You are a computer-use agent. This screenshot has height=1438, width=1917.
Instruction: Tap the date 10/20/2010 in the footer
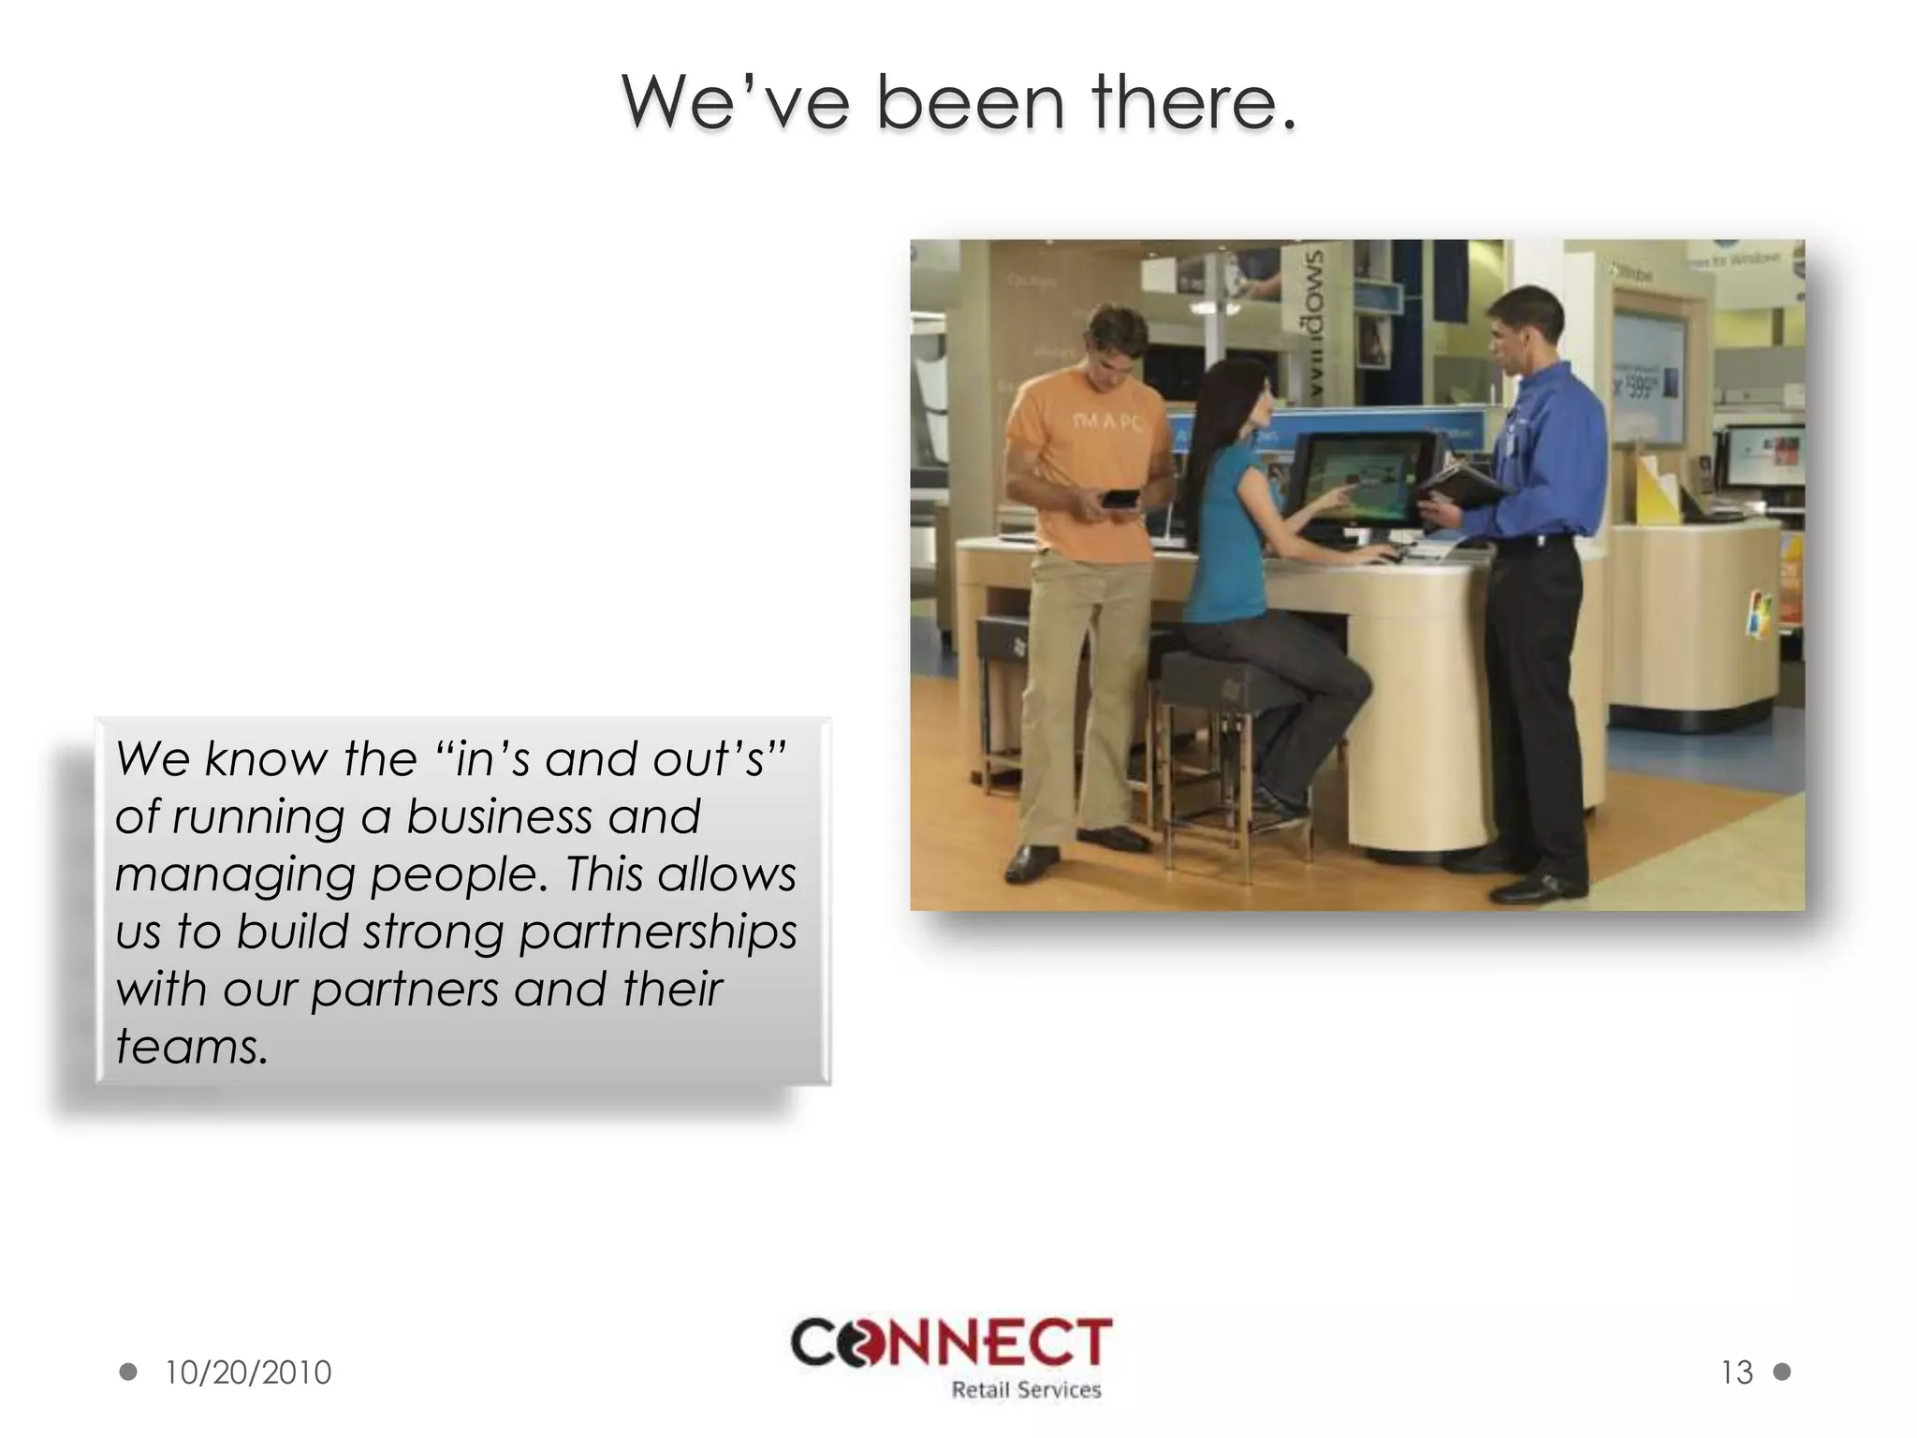pyautogui.click(x=248, y=1372)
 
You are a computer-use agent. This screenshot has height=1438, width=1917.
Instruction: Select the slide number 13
pyautogui.click(x=1736, y=1372)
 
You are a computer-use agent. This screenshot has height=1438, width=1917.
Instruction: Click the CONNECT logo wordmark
pyautogui.click(x=952, y=1343)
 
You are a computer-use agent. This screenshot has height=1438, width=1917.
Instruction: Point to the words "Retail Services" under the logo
pyautogui.click(x=1026, y=1390)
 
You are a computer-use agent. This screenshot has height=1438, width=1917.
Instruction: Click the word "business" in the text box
pyautogui.click(x=499, y=816)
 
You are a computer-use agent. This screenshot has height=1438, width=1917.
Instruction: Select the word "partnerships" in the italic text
pyautogui.click(x=658, y=932)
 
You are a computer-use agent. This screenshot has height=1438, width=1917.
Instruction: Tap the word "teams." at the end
pyautogui.click(x=192, y=1047)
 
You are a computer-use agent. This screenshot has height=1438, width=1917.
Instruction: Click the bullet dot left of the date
pyautogui.click(x=128, y=1372)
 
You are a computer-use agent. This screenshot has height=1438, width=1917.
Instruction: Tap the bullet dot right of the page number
pyautogui.click(x=1782, y=1372)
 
